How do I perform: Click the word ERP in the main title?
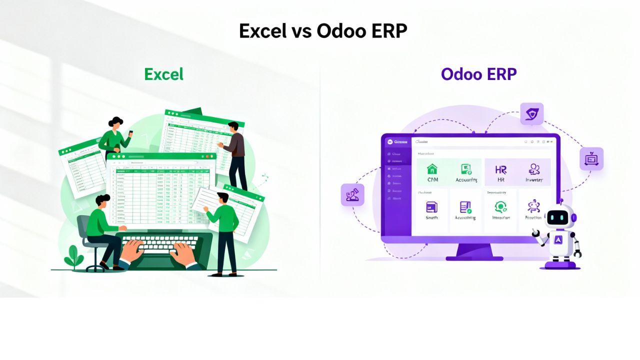point(382,31)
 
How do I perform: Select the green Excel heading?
point(163,74)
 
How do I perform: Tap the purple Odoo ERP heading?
point(478,74)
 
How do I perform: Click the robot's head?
point(559,218)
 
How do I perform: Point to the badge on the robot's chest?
point(559,240)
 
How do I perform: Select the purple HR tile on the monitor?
point(500,172)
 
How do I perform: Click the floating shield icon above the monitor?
point(531,114)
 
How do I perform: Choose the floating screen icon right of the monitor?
point(591,159)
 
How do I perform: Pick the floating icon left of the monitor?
point(352,195)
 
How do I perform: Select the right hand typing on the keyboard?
point(182,252)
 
